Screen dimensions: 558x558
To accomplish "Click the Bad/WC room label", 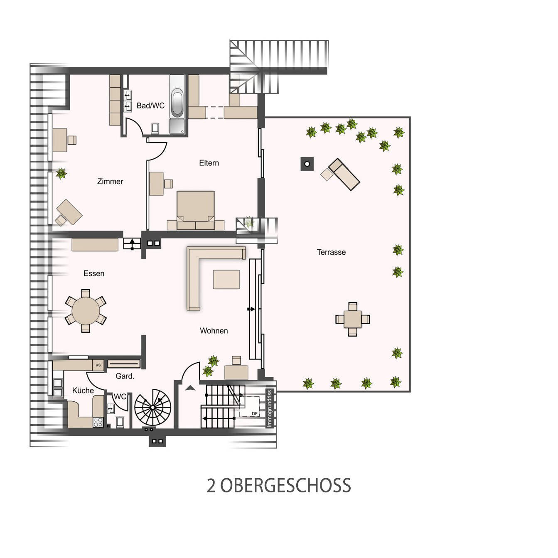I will [x=150, y=106].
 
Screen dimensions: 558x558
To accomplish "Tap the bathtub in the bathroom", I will [x=177, y=103].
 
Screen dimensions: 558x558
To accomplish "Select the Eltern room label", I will [x=209, y=163].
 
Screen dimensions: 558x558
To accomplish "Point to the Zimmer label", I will [x=110, y=182].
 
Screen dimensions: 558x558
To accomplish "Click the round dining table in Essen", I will [x=86, y=311].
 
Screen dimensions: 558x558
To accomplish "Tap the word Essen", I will [x=93, y=273].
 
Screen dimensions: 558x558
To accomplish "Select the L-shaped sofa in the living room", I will [x=195, y=266].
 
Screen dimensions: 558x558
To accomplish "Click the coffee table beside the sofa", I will [x=226, y=279].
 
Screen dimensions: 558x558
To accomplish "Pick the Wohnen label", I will [x=214, y=331].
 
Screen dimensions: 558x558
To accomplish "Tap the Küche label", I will [x=83, y=391].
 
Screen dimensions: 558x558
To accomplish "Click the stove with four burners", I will [x=98, y=423].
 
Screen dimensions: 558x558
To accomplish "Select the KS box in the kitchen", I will [x=98, y=365].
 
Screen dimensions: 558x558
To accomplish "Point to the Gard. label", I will [x=125, y=376].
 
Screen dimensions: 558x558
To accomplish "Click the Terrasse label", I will [x=331, y=252].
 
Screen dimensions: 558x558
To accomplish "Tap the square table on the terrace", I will [x=352, y=319].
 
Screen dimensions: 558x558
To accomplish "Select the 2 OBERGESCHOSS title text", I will [x=279, y=486].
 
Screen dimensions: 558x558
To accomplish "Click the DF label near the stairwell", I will [x=255, y=413].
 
